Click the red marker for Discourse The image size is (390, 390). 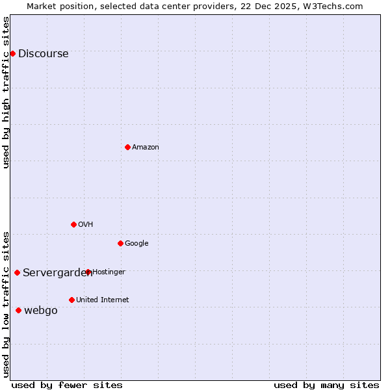coord(12,53)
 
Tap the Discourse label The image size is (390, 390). coord(43,54)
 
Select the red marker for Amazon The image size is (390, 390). coord(127,147)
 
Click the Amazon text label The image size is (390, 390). coord(146,148)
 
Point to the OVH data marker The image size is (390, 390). coord(73,224)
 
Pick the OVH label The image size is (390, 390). coord(86,225)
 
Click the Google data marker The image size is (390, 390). coord(120,243)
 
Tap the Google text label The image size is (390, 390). coord(136,244)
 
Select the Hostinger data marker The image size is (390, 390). coord(88,272)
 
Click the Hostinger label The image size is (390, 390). coord(109,272)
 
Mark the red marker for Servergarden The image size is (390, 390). coord(17,272)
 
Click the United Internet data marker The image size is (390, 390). coord(71,300)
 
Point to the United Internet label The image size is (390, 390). coord(103,300)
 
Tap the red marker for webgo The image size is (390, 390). coord(18,310)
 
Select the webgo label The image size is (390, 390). coord(41,311)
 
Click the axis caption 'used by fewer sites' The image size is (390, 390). coord(67,385)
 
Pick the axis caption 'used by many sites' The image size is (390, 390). coord(326,385)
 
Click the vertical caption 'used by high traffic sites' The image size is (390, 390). coord(6,92)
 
